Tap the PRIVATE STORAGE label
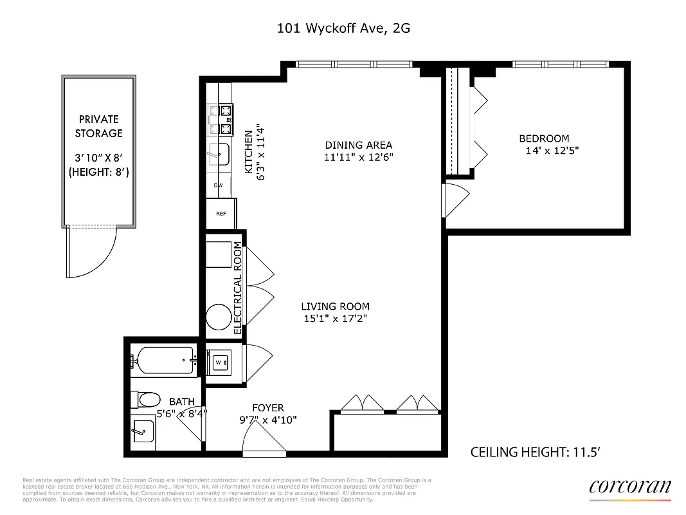point(98,126)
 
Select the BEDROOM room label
point(544,138)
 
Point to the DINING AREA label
point(358,145)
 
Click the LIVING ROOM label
point(336,306)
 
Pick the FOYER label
point(267,407)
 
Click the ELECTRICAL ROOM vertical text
point(237,287)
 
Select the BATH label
point(181,401)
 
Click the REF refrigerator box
point(221,213)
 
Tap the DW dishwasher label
point(218,185)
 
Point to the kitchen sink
point(219,154)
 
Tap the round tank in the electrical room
point(219,317)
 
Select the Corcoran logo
point(629,488)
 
